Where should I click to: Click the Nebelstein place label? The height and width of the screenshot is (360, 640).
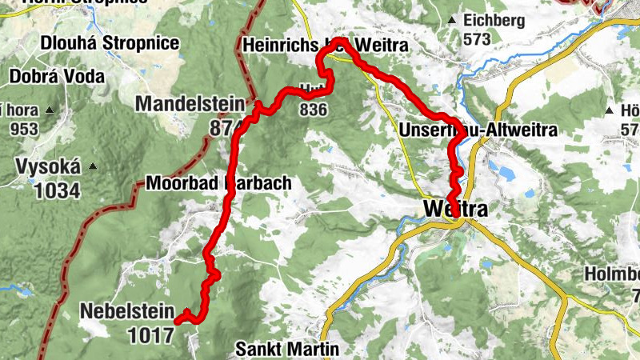(126, 310)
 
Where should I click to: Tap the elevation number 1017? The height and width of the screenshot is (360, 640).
(150, 334)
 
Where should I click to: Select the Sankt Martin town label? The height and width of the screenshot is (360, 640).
(288, 350)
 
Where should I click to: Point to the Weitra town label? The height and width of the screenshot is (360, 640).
(454, 209)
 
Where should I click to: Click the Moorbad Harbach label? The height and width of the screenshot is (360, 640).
(218, 183)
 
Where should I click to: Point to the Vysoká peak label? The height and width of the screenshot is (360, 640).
(49, 167)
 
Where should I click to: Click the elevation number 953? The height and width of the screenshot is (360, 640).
(24, 128)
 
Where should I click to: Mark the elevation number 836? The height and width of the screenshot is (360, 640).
(312, 109)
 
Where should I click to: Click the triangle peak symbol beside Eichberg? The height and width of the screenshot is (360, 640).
(453, 19)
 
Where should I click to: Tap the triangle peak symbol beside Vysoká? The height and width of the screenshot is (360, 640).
(92, 166)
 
